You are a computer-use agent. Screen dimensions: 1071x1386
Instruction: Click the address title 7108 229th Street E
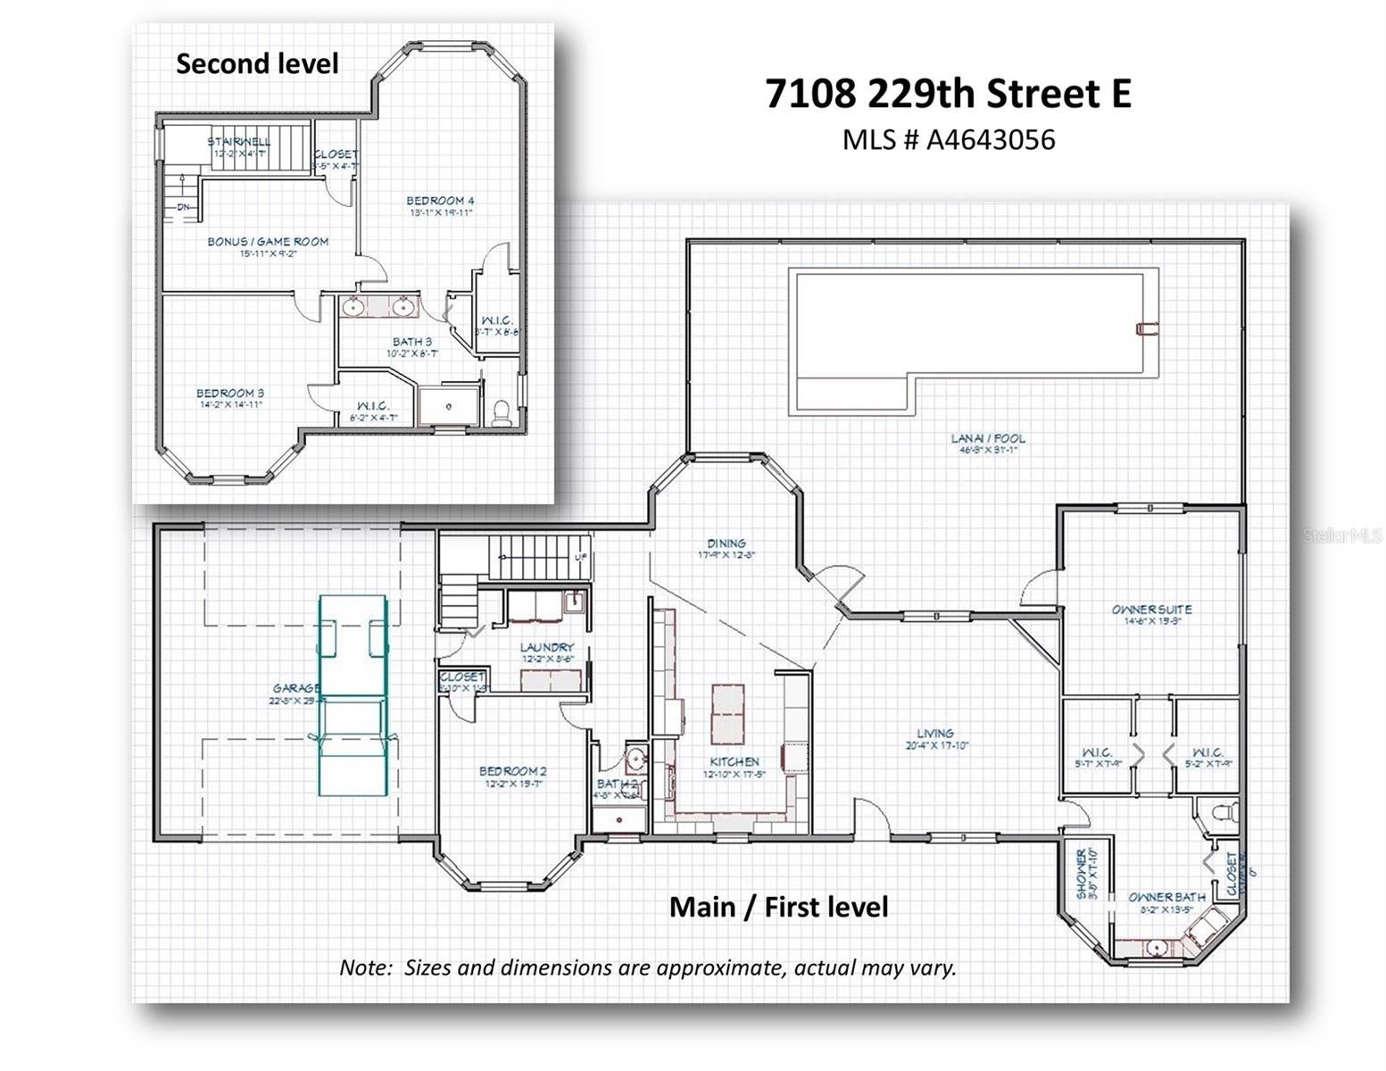[x=948, y=94]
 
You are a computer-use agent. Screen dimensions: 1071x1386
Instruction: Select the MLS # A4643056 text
[x=948, y=140]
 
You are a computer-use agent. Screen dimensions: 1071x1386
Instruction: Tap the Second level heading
[x=257, y=63]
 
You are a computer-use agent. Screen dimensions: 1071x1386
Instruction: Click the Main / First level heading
[x=778, y=907]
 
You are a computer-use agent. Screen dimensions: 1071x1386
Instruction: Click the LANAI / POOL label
[x=988, y=438]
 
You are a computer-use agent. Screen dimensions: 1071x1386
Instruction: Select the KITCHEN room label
[x=734, y=761]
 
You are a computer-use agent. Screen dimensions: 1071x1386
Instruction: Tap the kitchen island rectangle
[x=727, y=714]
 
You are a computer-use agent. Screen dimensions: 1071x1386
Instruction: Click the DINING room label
[x=726, y=543]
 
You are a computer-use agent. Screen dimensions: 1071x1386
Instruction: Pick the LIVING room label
[x=935, y=733]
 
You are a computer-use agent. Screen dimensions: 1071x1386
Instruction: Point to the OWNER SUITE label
[x=1151, y=610]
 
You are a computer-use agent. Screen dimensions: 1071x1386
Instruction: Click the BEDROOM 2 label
[x=513, y=771]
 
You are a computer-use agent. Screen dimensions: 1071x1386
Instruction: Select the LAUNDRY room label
[x=547, y=647]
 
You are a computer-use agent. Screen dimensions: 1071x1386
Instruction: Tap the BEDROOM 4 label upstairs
[x=440, y=201]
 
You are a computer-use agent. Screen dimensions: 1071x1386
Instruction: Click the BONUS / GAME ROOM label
[x=268, y=242]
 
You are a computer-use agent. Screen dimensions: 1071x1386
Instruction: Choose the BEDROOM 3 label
[x=230, y=394]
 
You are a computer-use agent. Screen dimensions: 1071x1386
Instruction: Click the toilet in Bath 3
[x=502, y=411]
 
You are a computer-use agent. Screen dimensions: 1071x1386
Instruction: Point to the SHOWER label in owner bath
[x=1082, y=873]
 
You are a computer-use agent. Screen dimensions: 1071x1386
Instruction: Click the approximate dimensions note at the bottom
[x=647, y=967]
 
